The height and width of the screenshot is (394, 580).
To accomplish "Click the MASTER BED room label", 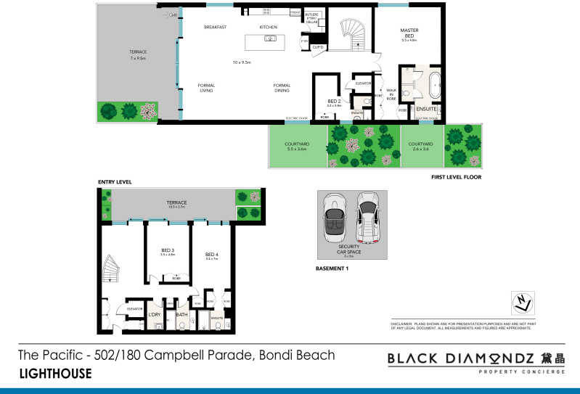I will (410, 33).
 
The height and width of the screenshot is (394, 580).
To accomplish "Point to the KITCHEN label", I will (269, 27).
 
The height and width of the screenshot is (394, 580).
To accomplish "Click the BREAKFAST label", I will (216, 27).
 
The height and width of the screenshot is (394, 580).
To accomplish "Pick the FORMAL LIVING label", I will (206, 88).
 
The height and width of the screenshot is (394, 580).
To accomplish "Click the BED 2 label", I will (334, 102).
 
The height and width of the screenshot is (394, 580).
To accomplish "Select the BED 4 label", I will (211, 255).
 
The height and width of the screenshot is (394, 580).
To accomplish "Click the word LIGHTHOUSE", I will (55, 374).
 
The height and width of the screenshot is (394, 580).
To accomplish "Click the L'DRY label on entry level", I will (155, 314).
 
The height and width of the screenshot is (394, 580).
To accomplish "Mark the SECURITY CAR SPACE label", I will (348, 249).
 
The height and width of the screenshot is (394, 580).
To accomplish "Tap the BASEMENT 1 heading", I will (333, 268).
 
